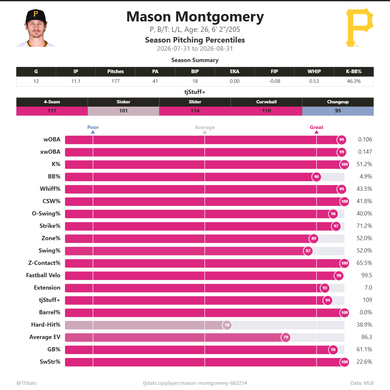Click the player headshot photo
(x=36, y=28)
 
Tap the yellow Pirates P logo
(x=360, y=28)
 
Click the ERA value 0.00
(x=235, y=81)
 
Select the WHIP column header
(x=314, y=71)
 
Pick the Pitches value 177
(x=115, y=81)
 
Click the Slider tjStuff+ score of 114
(x=195, y=111)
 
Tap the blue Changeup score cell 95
(x=338, y=111)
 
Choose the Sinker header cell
(x=123, y=102)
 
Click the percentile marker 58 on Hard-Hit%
(x=227, y=325)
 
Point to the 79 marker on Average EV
(x=286, y=337)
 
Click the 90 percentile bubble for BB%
(x=316, y=177)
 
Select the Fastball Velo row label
(x=43, y=275)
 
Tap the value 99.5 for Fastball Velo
(x=367, y=275)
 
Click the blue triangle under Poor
(x=93, y=132)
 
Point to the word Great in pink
(x=316, y=127)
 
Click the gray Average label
(x=205, y=127)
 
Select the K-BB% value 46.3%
(x=354, y=81)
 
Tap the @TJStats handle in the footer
(x=27, y=383)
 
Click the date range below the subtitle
(x=195, y=48)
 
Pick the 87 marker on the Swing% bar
(x=308, y=251)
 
